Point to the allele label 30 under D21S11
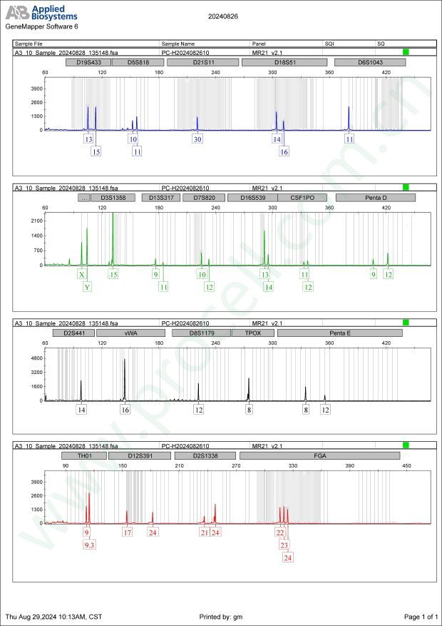tap(197, 139)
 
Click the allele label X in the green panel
tap(82, 274)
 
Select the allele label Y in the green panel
tap(87, 287)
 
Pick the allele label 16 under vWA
tap(125, 410)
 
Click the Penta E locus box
tap(339, 333)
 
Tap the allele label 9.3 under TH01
tap(89, 545)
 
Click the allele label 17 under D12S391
tap(128, 532)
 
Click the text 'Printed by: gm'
tap(222, 616)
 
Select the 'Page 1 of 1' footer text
tap(420, 616)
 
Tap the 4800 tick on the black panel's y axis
tap(35, 357)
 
